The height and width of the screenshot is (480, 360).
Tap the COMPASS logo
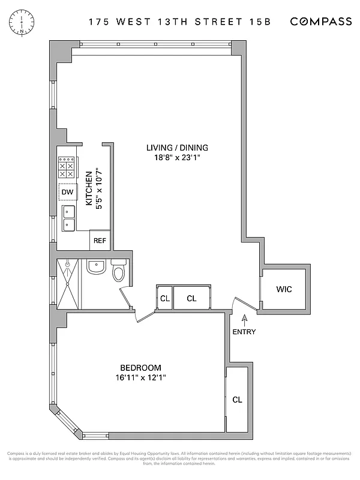click(x=321, y=22)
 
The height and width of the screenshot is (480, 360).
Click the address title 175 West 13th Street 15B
click(x=180, y=22)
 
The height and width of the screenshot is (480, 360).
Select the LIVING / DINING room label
click(x=177, y=148)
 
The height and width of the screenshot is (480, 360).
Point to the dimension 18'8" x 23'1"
click(x=177, y=158)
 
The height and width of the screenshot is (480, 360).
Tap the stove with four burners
click(x=66, y=166)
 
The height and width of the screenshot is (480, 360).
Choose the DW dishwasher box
click(x=67, y=192)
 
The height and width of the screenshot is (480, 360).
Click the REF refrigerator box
click(x=100, y=241)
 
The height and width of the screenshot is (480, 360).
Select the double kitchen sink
click(x=67, y=218)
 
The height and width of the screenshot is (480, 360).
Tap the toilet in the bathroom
click(x=119, y=272)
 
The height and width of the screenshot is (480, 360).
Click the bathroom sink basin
click(x=96, y=267)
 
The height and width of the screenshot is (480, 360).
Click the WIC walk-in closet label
click(x=284, y=289)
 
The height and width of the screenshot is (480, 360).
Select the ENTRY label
click(x=244, y=332)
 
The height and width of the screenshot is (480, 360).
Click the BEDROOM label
click(x=141, y=368)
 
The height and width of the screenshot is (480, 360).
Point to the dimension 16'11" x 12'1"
click(x=141, y=378)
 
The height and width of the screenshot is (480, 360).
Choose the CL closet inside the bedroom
click(x=237, y=399)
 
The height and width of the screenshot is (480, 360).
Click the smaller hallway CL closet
click(x=164, y=298)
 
